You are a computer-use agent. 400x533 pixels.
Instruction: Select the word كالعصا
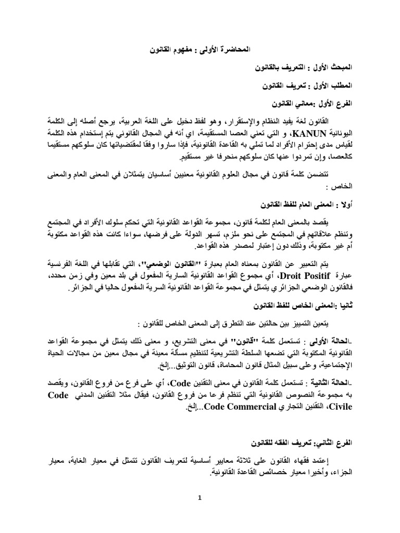(x=374, y=157)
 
